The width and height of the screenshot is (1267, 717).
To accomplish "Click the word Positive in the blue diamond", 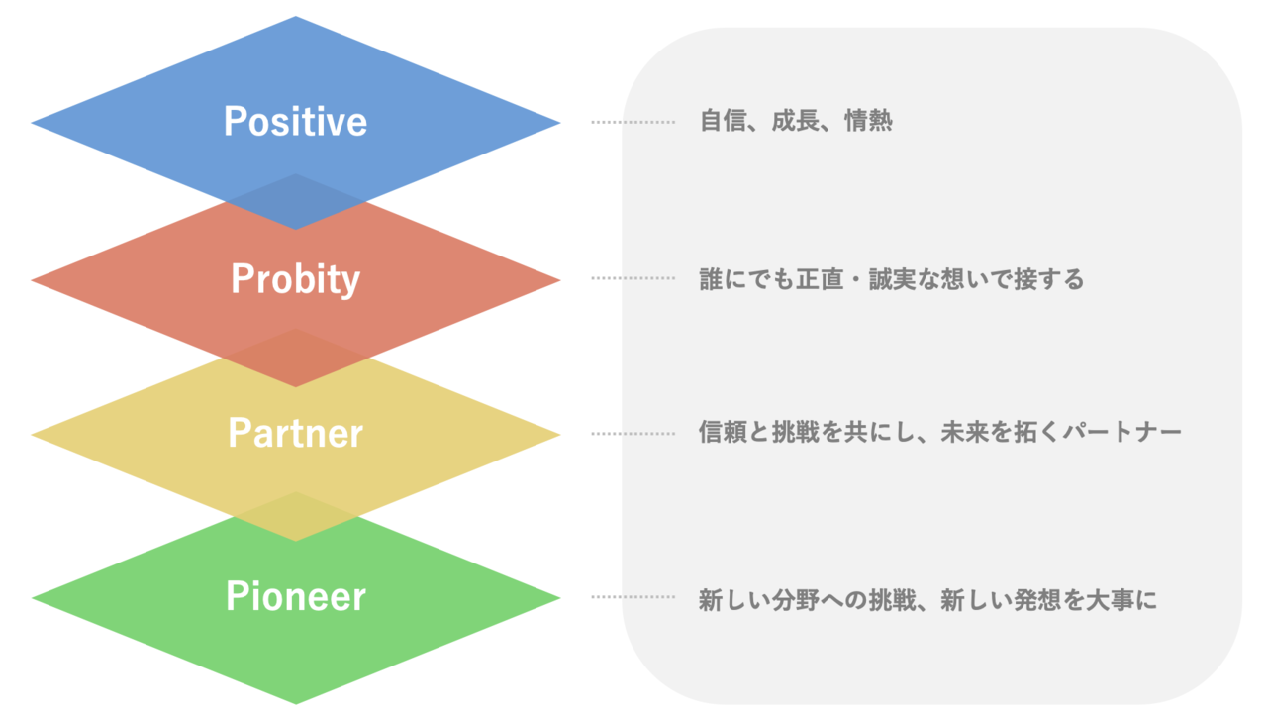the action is tap(295, 121).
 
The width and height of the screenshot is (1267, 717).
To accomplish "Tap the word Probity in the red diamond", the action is tap(295, 279).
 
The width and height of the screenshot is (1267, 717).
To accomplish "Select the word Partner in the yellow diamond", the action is tap(295, 434).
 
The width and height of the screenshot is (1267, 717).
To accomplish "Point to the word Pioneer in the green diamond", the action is tap(296, 596).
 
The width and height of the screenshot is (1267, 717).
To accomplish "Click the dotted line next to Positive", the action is tap(633, 122).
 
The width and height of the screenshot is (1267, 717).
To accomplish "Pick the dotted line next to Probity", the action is tap(633, 278).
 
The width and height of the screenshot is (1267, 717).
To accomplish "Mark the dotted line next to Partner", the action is tap(633, 434).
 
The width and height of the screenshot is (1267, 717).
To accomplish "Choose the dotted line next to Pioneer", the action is tap(633, 596).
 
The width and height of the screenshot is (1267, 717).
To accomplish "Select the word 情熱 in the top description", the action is tap(868, 120).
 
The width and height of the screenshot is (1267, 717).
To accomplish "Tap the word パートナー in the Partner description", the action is tap(1122, 433).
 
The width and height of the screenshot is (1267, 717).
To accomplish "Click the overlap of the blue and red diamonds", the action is tap(295, 201).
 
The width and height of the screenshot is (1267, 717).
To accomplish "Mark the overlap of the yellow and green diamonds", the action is tap(295, 516).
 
